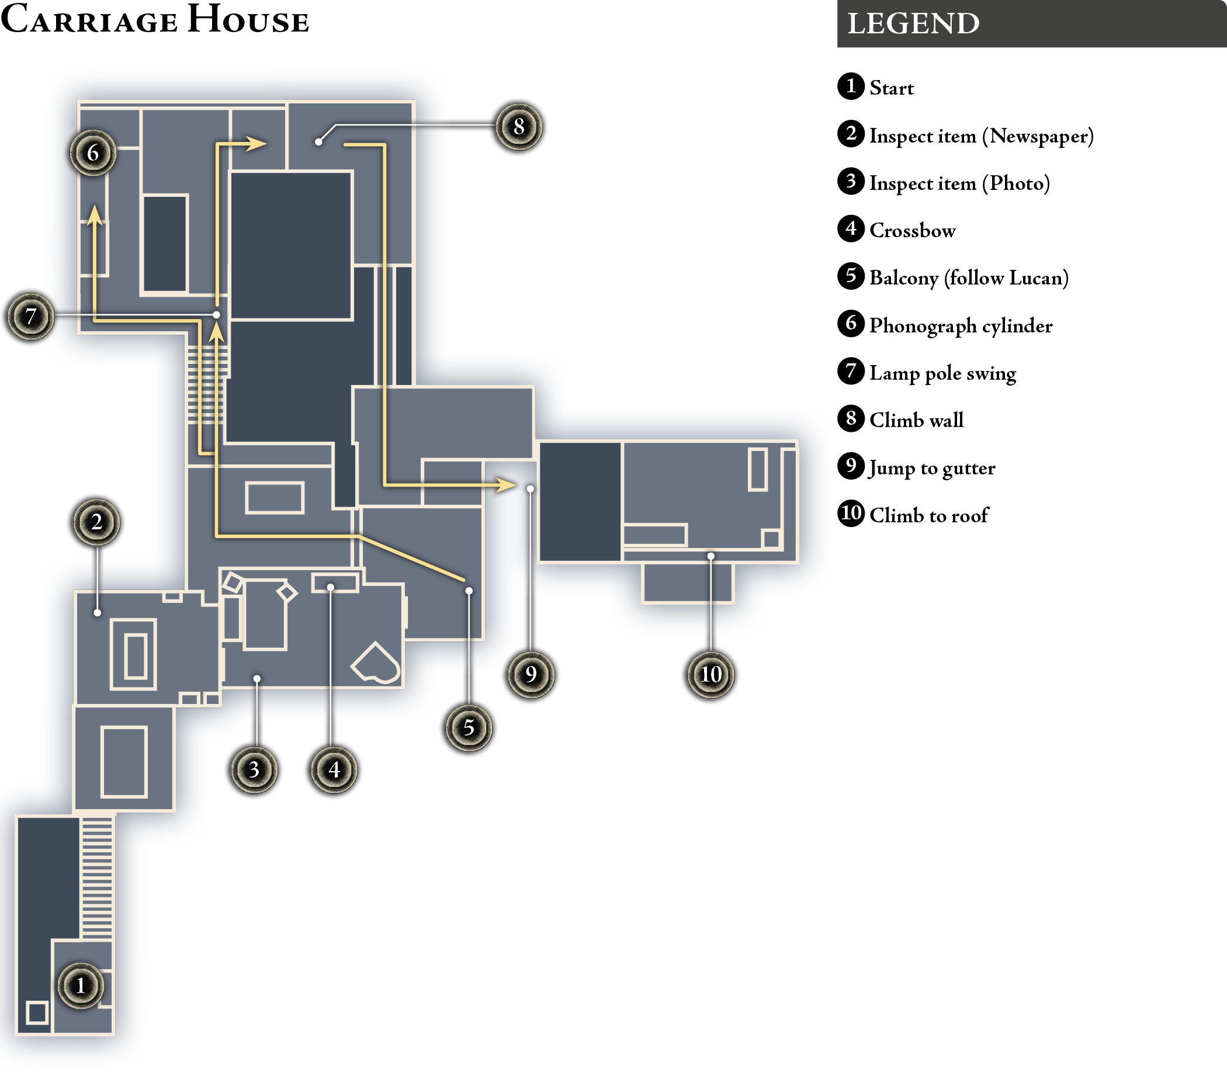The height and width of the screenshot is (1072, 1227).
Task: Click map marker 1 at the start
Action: (81, 986)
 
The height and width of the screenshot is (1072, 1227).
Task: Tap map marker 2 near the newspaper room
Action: (96, 522)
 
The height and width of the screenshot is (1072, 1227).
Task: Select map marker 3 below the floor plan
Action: (254, 769)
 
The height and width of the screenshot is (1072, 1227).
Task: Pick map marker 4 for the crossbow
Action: (334, 769)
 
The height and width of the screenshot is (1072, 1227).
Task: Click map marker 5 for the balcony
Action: (469, 727)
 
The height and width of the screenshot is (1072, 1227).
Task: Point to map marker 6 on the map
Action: (93, 152)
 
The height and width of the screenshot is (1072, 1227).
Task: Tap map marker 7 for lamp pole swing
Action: (30, 316)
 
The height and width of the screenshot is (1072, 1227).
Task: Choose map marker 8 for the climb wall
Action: (519, 126)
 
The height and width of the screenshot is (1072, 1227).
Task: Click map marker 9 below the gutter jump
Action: (531, 674)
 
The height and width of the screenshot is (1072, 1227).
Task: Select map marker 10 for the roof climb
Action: (710, 674)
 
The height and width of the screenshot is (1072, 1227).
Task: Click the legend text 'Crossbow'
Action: (912, 230)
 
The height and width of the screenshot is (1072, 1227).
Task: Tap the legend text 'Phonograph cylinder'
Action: (961, 326)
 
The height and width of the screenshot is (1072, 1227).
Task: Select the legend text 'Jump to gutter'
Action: (932, 469)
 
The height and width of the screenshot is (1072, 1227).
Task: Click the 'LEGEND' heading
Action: (913, 24)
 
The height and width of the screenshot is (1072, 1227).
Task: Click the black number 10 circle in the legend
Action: (851, 514)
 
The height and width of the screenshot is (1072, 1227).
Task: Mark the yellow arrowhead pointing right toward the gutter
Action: (507, 484)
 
